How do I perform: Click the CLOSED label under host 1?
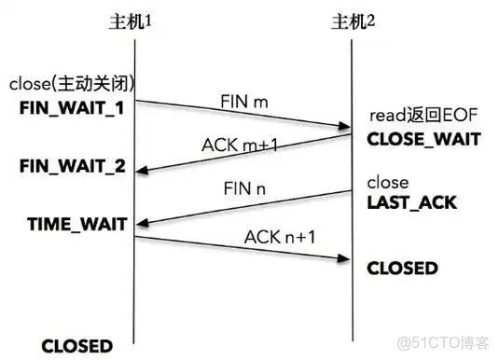pos(76,345)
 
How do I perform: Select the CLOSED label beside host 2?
pos(402,269)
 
